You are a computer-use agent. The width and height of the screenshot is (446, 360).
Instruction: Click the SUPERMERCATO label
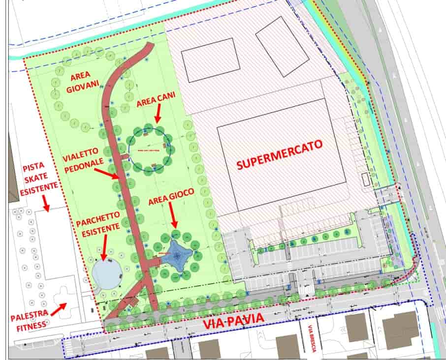279,154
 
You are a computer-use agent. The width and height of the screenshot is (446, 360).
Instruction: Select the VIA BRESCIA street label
311,339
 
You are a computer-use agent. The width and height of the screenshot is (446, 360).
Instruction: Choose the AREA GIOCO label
171,192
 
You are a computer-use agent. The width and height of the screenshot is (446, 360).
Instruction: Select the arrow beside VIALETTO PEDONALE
106,173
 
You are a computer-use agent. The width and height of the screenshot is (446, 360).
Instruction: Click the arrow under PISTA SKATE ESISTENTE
46,203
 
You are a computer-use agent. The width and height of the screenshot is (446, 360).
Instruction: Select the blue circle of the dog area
150,149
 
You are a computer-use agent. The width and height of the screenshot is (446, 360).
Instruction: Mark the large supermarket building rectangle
279,154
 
